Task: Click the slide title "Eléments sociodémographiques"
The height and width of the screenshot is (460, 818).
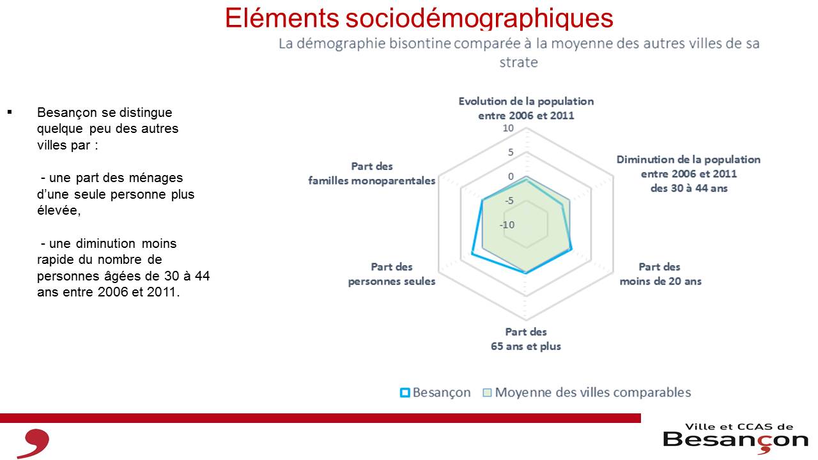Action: pos(419,18)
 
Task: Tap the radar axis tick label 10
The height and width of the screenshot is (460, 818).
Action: pos(508,128)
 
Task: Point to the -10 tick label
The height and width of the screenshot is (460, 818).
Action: pos(507,225)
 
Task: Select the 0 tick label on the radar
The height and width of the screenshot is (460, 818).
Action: pos(511,176)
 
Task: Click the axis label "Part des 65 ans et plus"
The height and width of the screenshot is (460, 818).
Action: pos(526,339)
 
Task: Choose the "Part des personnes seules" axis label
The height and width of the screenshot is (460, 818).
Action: pos(392,274)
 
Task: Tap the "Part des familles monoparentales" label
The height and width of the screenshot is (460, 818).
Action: pos(372,173)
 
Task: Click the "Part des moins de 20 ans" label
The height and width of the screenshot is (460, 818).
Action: pos(660,274)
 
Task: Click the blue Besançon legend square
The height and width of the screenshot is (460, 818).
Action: pos(405,393)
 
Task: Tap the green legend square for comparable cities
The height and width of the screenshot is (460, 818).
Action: pos(487,393)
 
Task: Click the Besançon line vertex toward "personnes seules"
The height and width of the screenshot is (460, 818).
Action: pos(472,253)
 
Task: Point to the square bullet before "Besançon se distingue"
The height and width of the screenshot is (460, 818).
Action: pos(10,112)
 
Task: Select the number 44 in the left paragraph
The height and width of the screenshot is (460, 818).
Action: pos(203,276)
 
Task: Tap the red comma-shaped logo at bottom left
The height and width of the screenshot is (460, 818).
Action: pos(34,443)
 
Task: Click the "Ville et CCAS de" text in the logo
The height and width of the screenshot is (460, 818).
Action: pos(739,427)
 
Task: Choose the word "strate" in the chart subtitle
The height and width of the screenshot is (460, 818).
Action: pos(518,63)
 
